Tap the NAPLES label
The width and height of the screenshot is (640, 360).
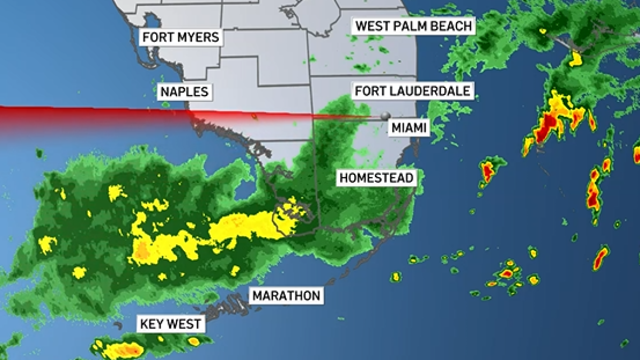pyautogui.click(x=185, y=92)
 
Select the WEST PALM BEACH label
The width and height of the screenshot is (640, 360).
pyautogui.click(x=414, y=26)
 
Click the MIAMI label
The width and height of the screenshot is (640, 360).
pyautogui.click(x=410, y=128)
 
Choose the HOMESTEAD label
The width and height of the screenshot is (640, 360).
pyautogui.click(x=377, y=178)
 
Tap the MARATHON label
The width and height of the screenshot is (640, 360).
pyautogui.click(x=286, y=295)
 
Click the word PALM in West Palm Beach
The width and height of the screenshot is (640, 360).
pyautogui.click(x=411, y=26)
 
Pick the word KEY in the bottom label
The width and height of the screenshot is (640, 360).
pyautogui.click(x=151, y=324)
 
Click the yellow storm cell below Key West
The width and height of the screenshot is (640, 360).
pyautogui.click(x=123, y=350)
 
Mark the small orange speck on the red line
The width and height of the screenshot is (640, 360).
pyautogui.click(x=254, y=116)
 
